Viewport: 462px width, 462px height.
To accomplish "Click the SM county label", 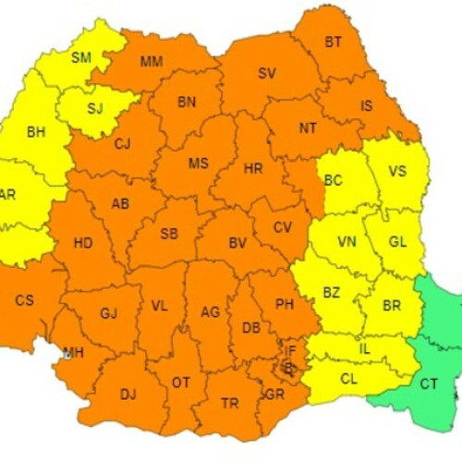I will (x=81, y=57).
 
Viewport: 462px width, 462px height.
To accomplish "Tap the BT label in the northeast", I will (x=333, y=42).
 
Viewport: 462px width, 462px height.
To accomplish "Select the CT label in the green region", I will (x=430, y=383).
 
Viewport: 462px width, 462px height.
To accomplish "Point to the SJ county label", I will (x=95, y=108).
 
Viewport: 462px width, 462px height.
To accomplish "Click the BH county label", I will (x=36, y=132).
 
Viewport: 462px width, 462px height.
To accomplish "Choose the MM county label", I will (x=152, y=62).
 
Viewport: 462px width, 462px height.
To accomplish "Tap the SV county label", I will (x=267, y=73).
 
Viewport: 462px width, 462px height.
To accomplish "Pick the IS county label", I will (x=366, y=105).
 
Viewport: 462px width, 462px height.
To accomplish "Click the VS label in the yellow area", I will (x=397, y=171).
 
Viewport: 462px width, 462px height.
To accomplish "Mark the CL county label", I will (x=349, y=379).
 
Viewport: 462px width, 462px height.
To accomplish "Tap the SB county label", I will (x=169, y=234).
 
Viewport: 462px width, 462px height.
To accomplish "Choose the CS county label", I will (x=25, y=300).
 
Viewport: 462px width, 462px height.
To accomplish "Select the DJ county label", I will (x=128, y=395).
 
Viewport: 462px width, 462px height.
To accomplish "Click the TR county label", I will (x=229, y=403).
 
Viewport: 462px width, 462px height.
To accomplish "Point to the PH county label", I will (x=285, y=305).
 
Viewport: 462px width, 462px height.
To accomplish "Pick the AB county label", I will (x=120, y=204).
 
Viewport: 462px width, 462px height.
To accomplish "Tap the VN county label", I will (x=346, y=241).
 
